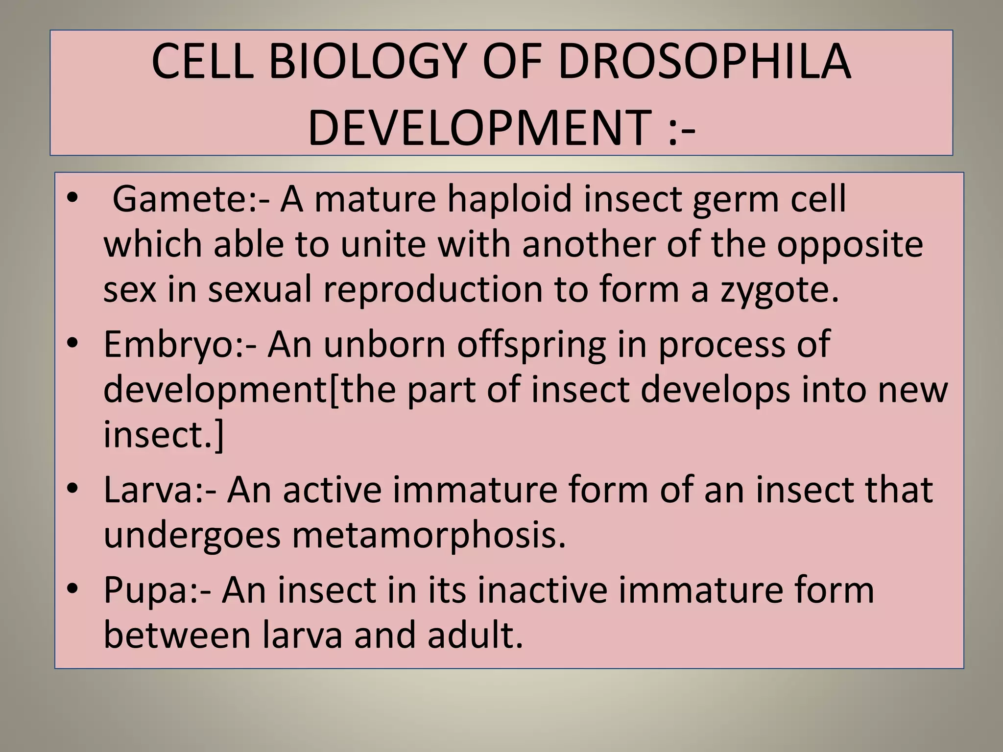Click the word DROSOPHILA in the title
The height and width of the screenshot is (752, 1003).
click(704, 62)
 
